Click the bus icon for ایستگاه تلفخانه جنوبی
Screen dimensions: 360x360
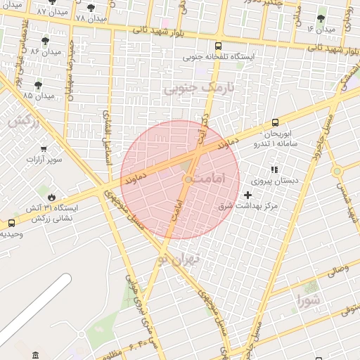pos(218,46)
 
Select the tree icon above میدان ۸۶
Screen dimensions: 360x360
pos(46,41)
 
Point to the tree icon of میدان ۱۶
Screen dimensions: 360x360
pos(321,18)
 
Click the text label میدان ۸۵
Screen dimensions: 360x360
pos(37,95)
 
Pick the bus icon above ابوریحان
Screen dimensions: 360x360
pos(275,122)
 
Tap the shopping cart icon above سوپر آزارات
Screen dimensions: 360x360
pos(44,149)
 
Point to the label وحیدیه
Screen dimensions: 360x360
pos(11,233)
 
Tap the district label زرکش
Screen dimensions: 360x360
pos(22,121)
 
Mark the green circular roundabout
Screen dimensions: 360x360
pos(337,170)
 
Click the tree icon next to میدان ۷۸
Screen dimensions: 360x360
pos(91,8)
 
